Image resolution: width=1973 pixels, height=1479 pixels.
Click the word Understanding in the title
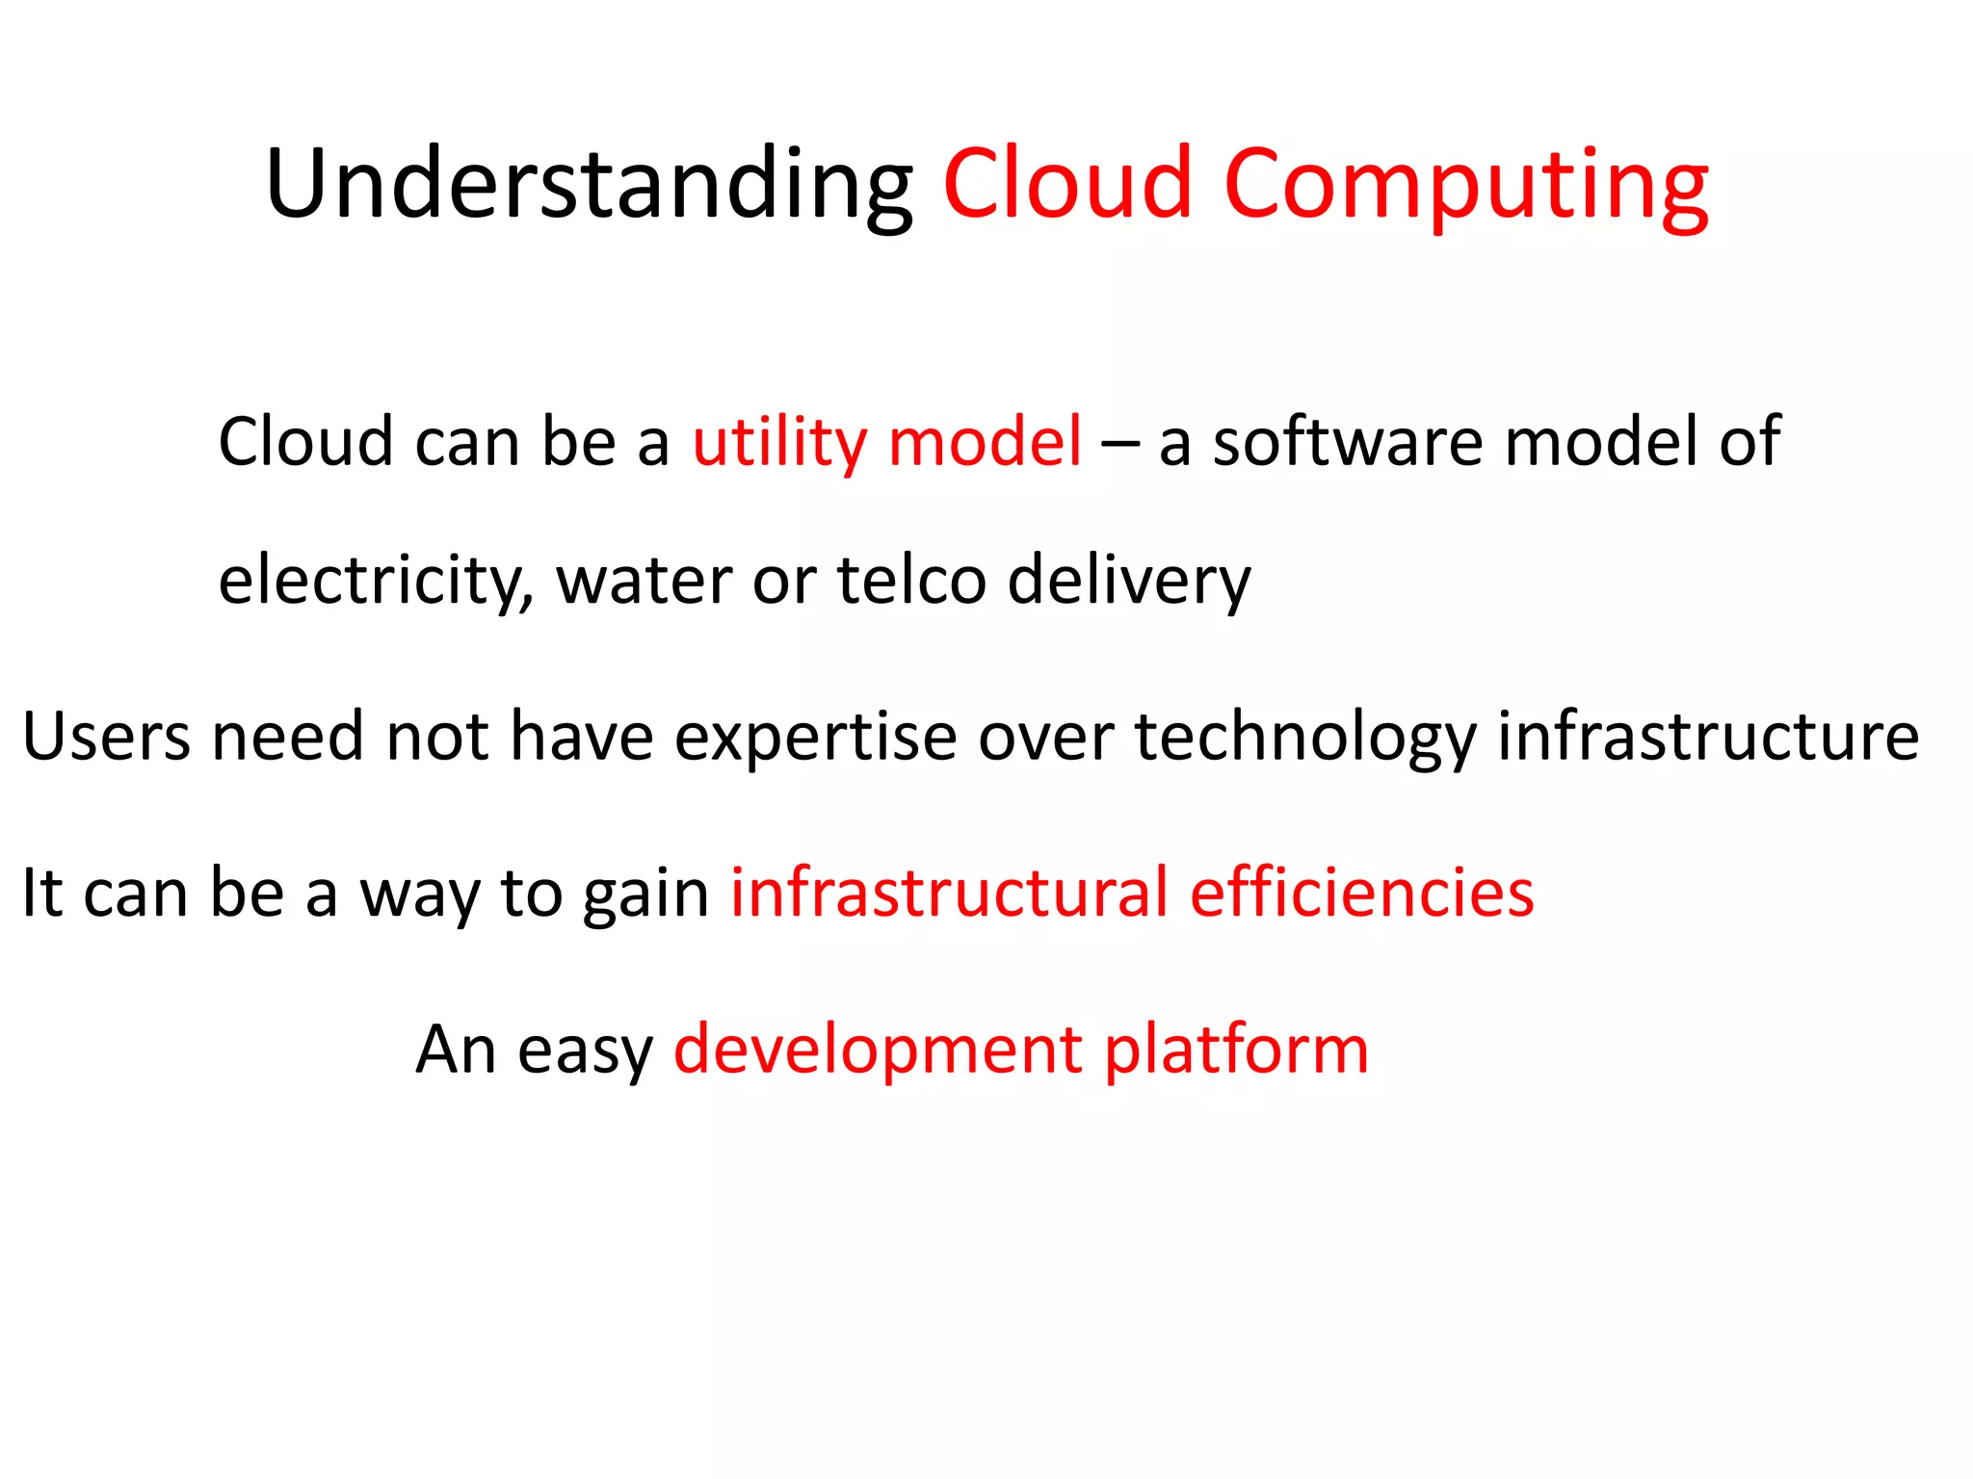pos(589,185)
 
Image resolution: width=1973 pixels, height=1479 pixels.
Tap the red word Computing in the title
pos(1465,185)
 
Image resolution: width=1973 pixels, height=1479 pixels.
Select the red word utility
pos(779,443)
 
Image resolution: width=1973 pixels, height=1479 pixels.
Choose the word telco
pos(911,581)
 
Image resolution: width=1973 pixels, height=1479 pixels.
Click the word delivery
pos(1128,581)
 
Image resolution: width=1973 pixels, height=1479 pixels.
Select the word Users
pos(106,738)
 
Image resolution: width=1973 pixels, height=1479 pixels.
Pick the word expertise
pos(815,738)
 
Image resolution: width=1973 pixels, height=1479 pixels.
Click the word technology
pos(1305,738)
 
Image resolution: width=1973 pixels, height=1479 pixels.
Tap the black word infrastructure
pos(1707,738)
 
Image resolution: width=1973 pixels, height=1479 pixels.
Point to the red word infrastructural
pos(949,894)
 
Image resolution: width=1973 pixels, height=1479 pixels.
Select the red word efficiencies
pos(1361,894)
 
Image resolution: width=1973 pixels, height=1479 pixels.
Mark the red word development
pos(878,1050)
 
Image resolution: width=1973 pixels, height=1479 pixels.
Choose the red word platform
pos(1236,1050)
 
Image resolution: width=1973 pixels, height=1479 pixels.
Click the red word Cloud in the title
pos(1067,185)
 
